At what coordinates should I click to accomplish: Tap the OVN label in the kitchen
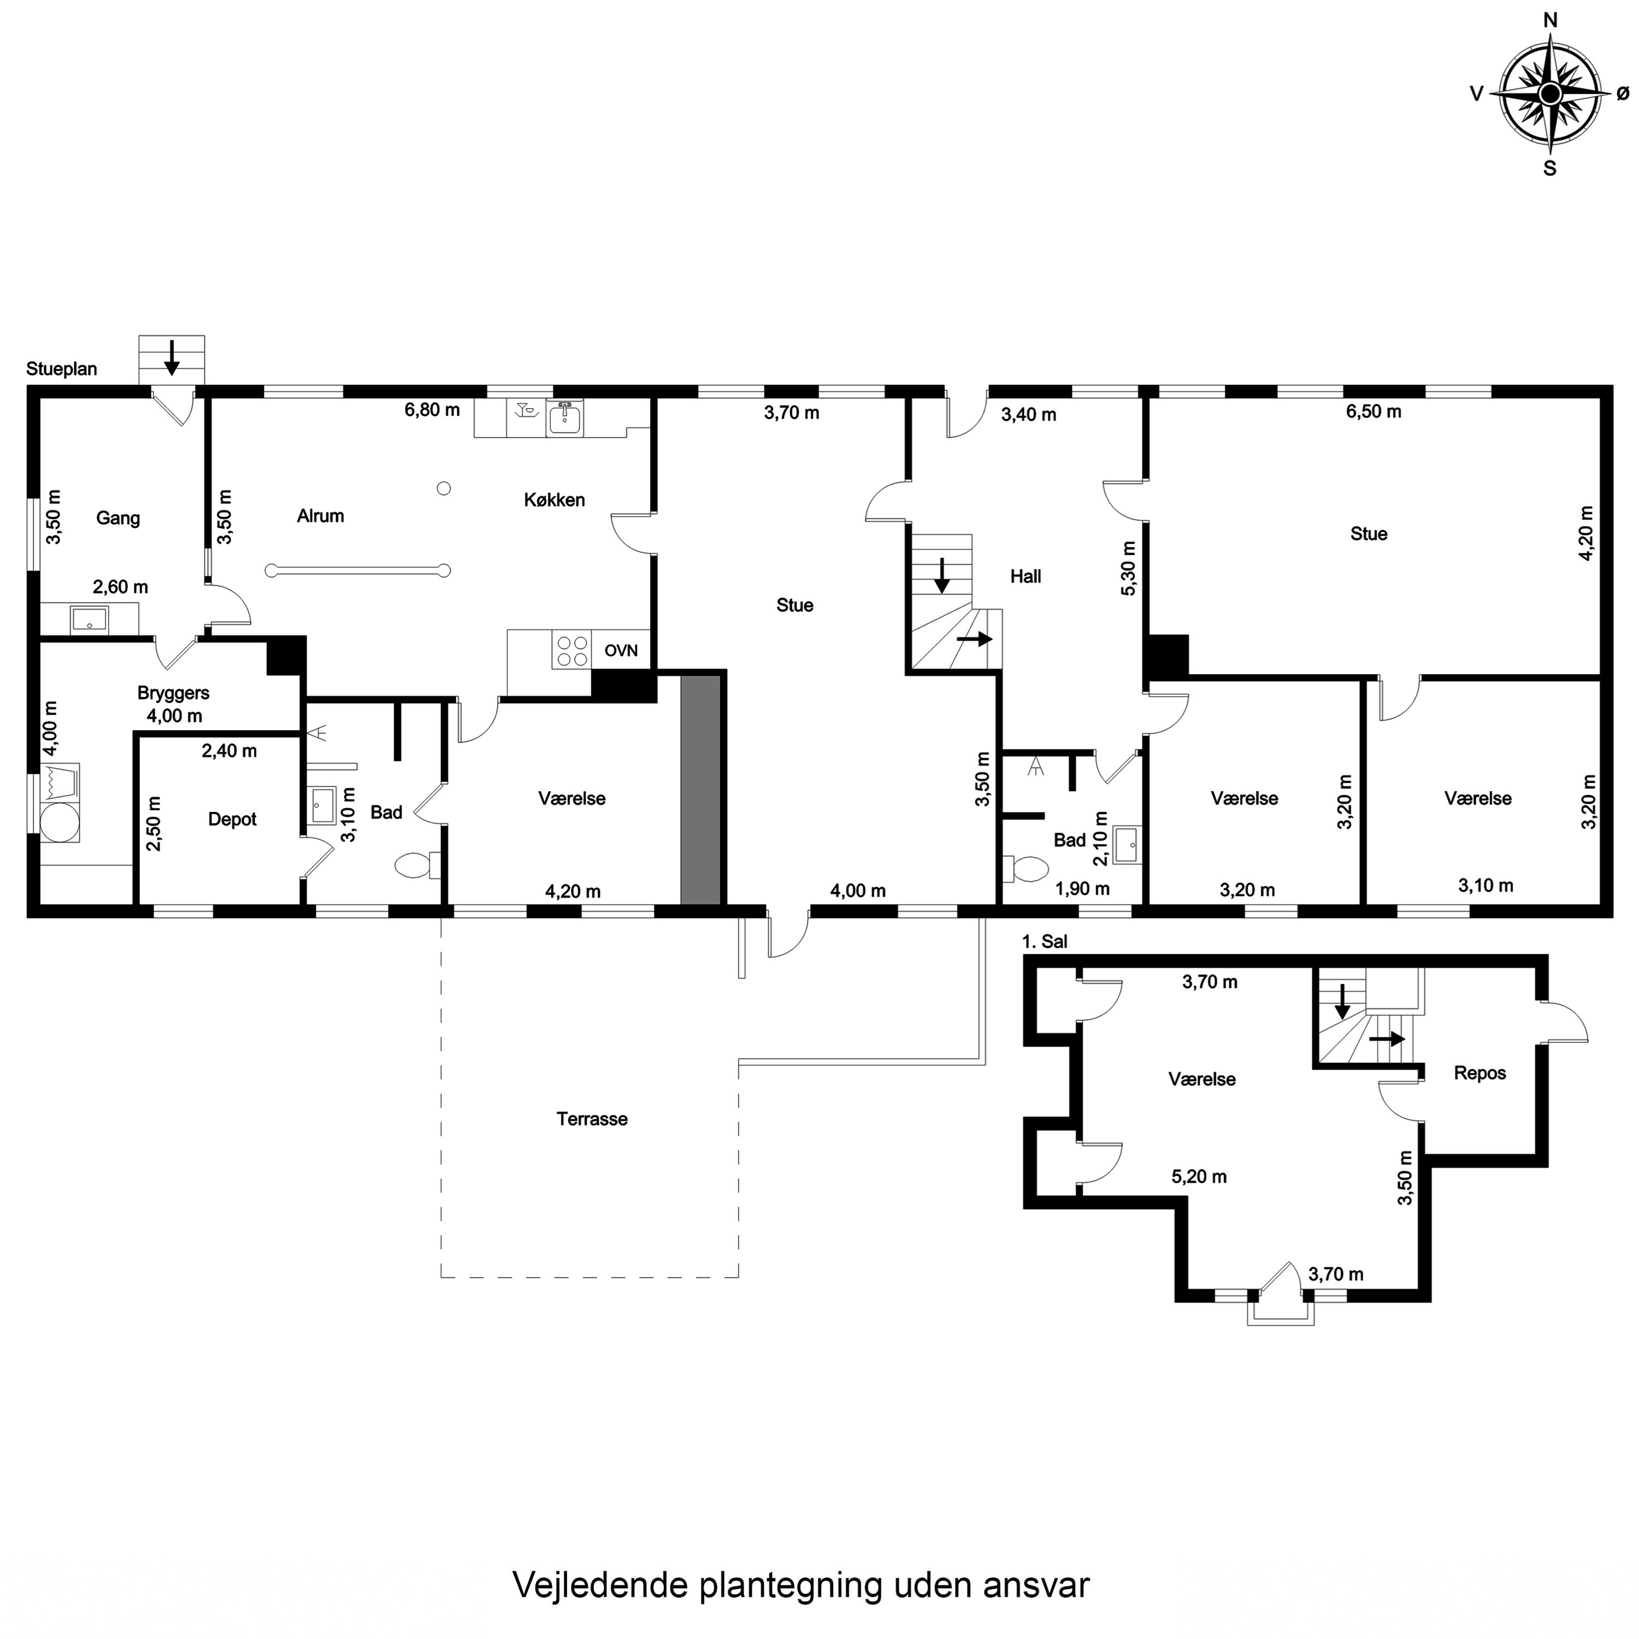621,651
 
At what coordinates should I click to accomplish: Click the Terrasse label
592,1119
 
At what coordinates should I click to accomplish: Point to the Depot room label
232,819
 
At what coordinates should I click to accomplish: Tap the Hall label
1025,577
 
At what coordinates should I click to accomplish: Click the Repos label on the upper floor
1481,1073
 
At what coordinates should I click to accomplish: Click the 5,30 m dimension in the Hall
1128,568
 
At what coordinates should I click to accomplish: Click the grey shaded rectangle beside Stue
701,791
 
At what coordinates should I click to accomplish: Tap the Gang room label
118,518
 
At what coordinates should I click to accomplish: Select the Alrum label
321,516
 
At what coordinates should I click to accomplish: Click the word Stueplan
62,369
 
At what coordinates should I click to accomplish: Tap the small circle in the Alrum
444,488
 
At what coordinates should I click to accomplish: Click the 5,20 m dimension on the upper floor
1200,1177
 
